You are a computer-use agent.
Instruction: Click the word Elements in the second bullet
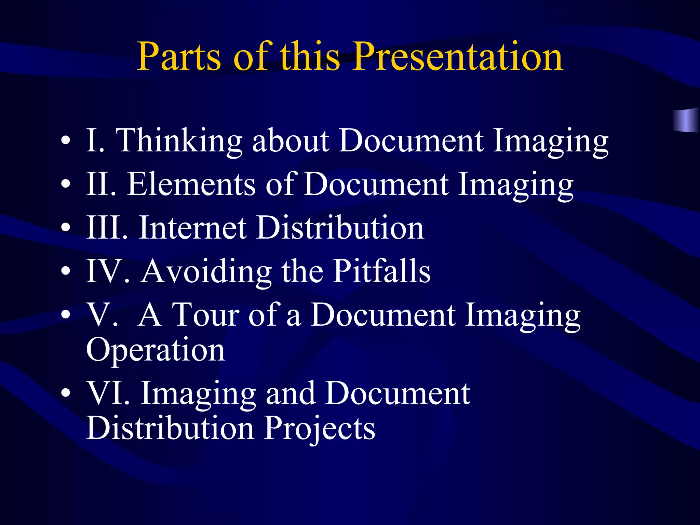tap(191, 185)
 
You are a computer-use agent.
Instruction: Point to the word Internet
tap(193, 228)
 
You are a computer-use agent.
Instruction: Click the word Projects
tap(320, 428)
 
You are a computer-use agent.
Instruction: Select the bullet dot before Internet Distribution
tap(66, 228)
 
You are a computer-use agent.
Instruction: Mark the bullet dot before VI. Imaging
tap(66, 393)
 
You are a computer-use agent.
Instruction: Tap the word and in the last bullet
tap(290, 393)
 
